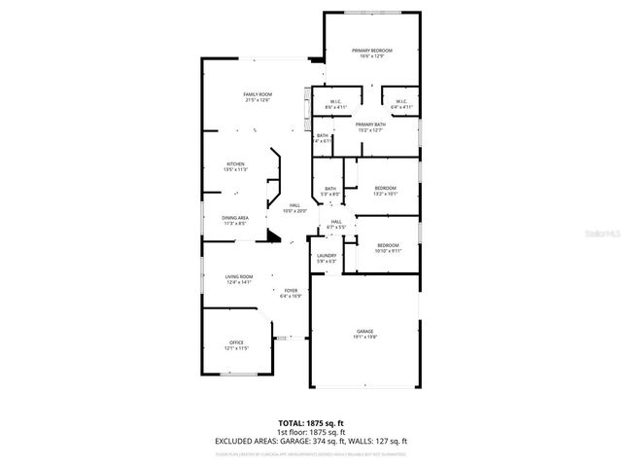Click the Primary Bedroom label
[x=372, y=53]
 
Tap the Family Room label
[x=258, y=96]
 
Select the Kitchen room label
[x=236, y=166]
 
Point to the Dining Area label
[x=235, y=220]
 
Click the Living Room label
[x=239, y=280]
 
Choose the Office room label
[x=236, y=344]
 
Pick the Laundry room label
[x=327, y=258]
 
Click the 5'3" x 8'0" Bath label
[x=330, y=191]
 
